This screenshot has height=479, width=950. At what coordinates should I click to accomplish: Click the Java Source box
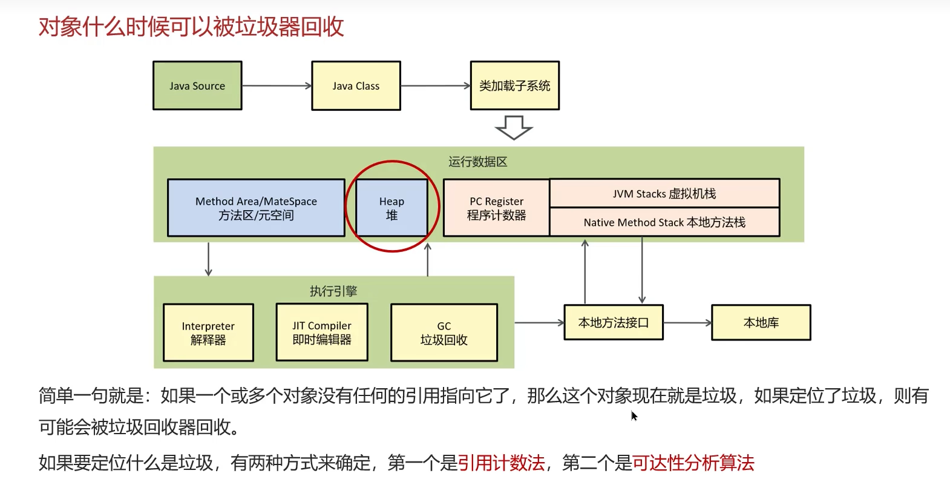(x=197, y=85)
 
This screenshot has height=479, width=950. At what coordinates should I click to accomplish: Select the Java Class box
(x=356, y=85)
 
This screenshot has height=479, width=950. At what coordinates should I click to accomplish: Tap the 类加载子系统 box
(x=514, y=85)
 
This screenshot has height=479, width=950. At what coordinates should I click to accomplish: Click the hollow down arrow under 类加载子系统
(x=514, y=127)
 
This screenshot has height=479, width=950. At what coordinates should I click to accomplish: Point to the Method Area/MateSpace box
(x=256, y=208)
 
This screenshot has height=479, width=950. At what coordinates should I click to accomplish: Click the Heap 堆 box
(x=391, y=208)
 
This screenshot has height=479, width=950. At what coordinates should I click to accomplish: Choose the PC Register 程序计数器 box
(x=496, y=208)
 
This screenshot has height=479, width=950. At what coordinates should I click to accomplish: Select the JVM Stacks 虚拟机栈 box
(x=664, y=193)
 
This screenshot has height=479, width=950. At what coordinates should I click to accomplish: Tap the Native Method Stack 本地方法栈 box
(x=664, y=222)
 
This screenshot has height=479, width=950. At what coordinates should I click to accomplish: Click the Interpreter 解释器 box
(x=208, y=332)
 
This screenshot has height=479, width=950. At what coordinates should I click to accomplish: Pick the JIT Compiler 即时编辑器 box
(x=322, y=332)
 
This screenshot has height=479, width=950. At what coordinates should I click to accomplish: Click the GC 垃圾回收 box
(x=444, y=332)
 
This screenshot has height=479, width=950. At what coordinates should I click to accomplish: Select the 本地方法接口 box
(x=614, y=322)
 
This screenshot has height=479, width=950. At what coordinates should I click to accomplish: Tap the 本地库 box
(x=761, y=322)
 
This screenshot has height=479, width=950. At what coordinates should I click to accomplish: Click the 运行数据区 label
(x=478, y=162)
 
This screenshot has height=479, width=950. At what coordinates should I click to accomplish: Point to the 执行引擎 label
(x=333, y=291)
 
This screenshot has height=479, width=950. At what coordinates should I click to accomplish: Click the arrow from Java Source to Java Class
(x=277, y=86)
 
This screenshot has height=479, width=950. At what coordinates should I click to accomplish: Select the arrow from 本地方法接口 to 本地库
(x=687, y=323)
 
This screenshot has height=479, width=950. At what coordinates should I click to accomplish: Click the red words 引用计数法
(x=501, y=463)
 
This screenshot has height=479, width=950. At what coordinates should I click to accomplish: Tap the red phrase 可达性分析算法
(x=693, y=463)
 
